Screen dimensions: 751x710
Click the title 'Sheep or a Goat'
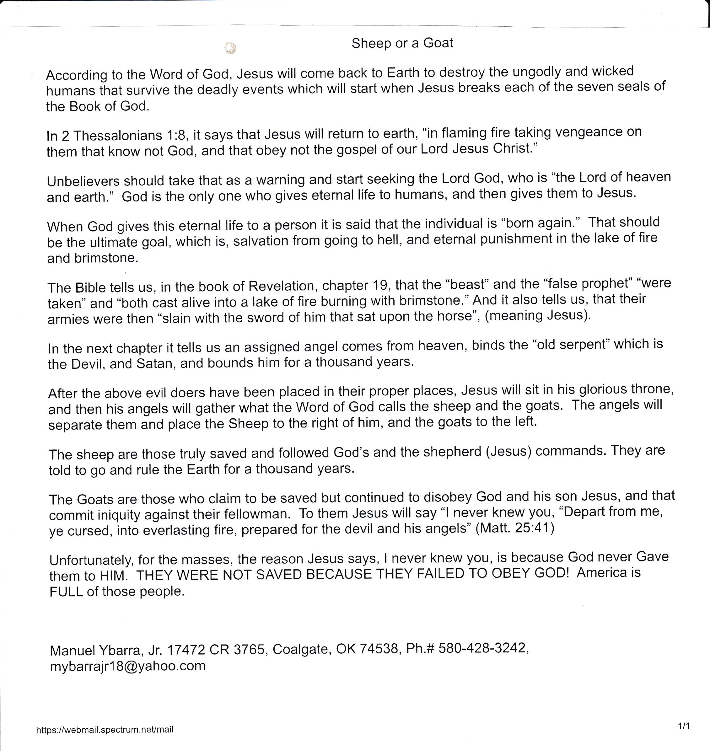tap(402, 43)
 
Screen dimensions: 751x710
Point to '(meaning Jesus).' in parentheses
tap(537, 315)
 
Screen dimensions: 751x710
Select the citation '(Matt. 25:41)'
tap(515, 528)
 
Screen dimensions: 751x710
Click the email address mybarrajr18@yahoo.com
tap(128, 666)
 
